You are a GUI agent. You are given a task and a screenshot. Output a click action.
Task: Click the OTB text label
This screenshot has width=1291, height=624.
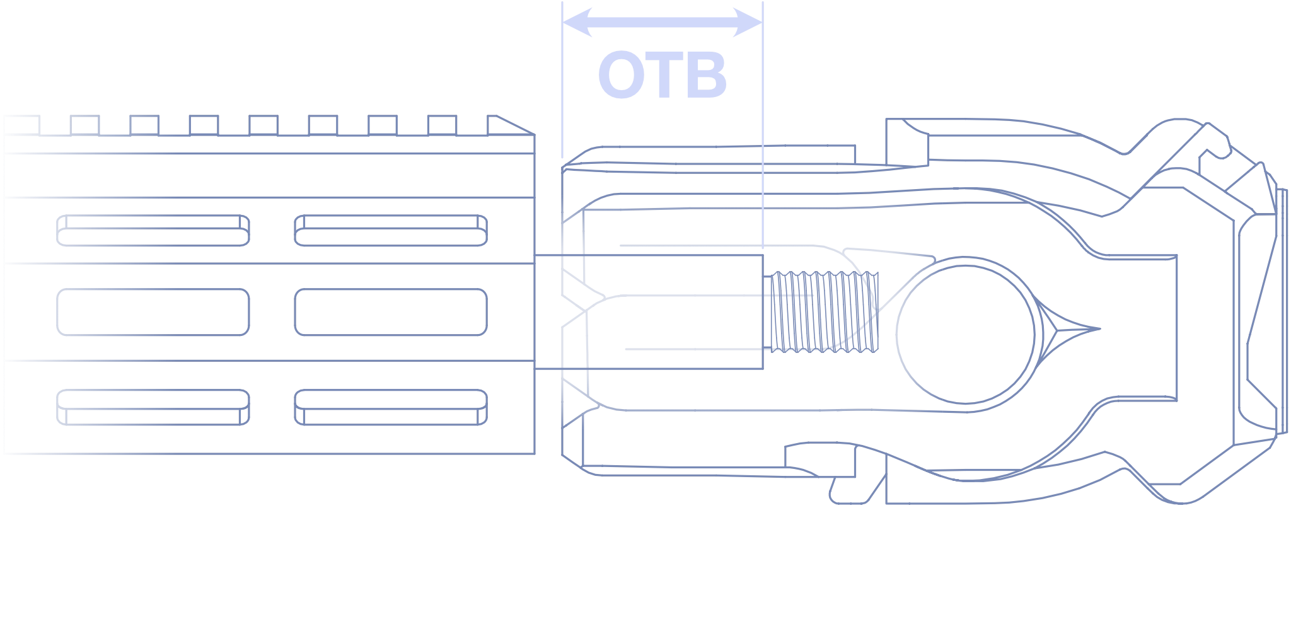pos(663,76)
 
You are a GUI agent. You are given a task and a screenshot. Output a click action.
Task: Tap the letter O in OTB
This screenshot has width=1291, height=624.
pos(621,76)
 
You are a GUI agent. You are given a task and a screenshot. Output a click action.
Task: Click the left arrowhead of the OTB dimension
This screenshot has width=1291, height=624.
pos(577,23)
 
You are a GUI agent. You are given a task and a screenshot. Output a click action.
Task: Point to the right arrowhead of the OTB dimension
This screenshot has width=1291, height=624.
pos(748,23)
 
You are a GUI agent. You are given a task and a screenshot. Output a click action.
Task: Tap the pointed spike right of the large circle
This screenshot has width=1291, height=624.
pos(1072,328)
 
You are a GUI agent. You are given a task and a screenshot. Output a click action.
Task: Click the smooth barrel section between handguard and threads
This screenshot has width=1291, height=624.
pos(649,312)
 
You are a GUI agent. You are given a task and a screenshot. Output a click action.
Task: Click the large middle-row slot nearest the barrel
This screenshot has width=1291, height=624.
pos(391,312)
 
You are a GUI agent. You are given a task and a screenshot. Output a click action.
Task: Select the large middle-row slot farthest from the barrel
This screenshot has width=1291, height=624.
pos(153,312)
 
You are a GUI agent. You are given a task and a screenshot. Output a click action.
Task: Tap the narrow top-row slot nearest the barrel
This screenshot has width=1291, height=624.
pos(391,231)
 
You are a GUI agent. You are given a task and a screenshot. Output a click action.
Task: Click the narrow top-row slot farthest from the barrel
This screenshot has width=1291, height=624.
pos(153,231)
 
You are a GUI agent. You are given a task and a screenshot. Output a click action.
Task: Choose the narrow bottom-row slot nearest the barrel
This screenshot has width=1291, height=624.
pos(391,407)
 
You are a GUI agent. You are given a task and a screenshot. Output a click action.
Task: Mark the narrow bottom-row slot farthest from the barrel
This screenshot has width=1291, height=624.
pos(153,407)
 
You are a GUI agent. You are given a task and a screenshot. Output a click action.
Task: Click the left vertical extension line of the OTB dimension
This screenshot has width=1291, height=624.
pos(562,79)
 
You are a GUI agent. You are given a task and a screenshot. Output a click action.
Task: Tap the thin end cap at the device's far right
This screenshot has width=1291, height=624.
pos(1282,311)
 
